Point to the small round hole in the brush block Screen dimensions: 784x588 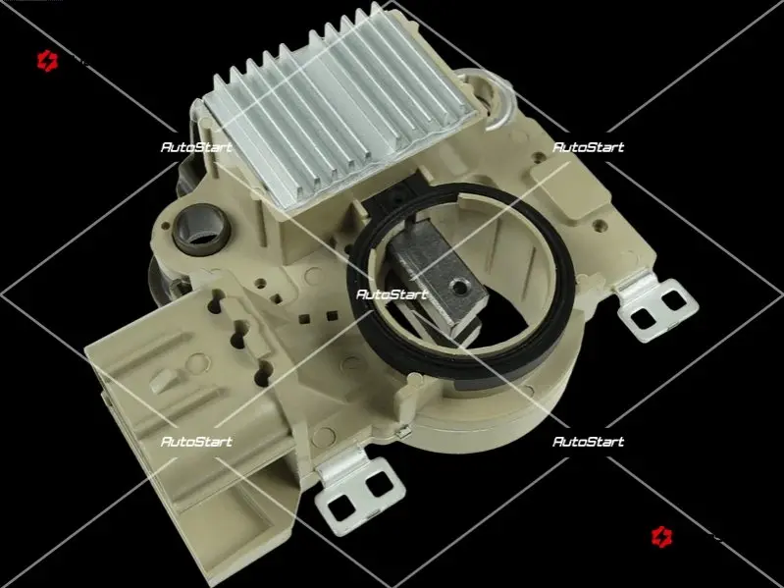pos(456,287)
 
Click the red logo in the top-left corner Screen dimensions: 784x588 pos(47,61)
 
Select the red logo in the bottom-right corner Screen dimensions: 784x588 pos(662,537)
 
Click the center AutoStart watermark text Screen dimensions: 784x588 pos(392,294)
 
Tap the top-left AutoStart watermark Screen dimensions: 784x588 pos(196,147)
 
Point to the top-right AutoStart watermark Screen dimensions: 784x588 pos(588,147)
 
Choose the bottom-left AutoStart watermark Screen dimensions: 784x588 pos(196,442)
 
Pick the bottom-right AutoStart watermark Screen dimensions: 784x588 pos(588,442)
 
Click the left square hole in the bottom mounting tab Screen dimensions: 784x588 pos(341,508)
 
